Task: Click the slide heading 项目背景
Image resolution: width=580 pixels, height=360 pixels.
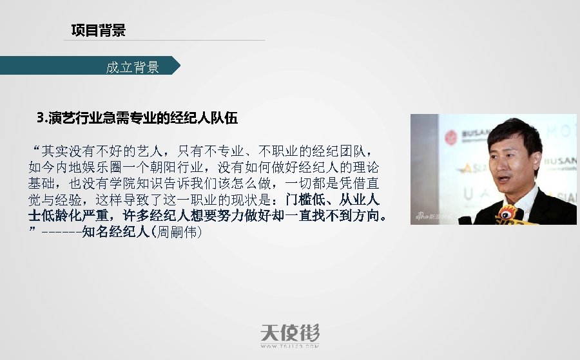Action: click(98, 30)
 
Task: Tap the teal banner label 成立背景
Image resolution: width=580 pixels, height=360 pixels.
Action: click(132, 67)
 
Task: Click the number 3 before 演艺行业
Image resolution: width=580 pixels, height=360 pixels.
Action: click(41, 118)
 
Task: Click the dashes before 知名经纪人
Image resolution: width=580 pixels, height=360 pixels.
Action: click(61, 231)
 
